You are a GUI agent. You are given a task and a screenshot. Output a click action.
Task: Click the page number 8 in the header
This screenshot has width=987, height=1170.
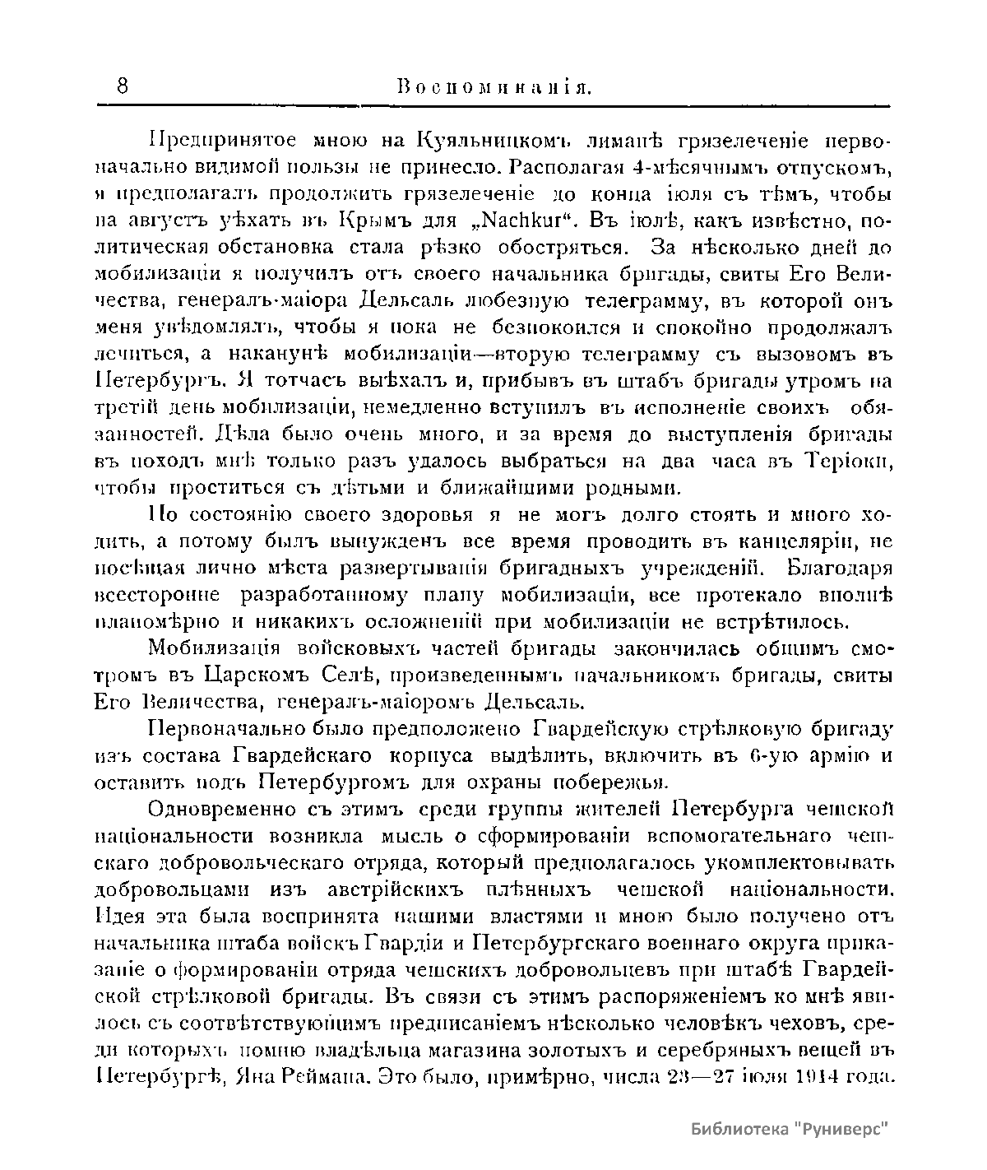click(x=123, y=86)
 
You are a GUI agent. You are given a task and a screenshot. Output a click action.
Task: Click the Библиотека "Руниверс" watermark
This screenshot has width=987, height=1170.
click(x=792, y=1129)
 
